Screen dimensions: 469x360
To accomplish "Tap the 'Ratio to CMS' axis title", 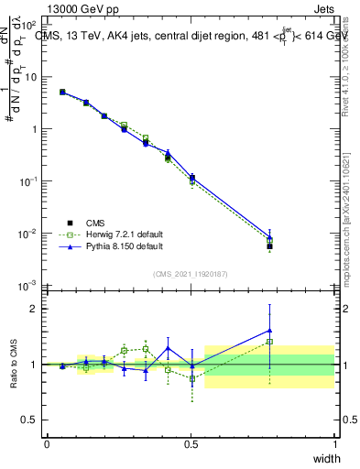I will tap(14, 365).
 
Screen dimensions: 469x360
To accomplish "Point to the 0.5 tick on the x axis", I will tap(191, 444).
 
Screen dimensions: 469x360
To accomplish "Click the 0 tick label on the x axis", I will tap(47, 444).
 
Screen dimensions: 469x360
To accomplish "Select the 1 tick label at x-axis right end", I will tap(334, 444).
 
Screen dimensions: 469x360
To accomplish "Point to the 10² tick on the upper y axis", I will tap(32, 25).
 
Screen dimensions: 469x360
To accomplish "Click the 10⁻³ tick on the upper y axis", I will tap(32, 286).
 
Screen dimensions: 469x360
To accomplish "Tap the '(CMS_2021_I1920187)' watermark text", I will tap(191, 273).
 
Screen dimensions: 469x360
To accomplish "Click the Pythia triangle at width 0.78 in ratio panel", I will tap(269, 331).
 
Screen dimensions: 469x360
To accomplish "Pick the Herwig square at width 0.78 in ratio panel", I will tap(269, 342).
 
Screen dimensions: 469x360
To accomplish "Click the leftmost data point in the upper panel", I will tap(62, 92).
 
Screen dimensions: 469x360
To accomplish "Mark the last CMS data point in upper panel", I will tap(269, 246).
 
